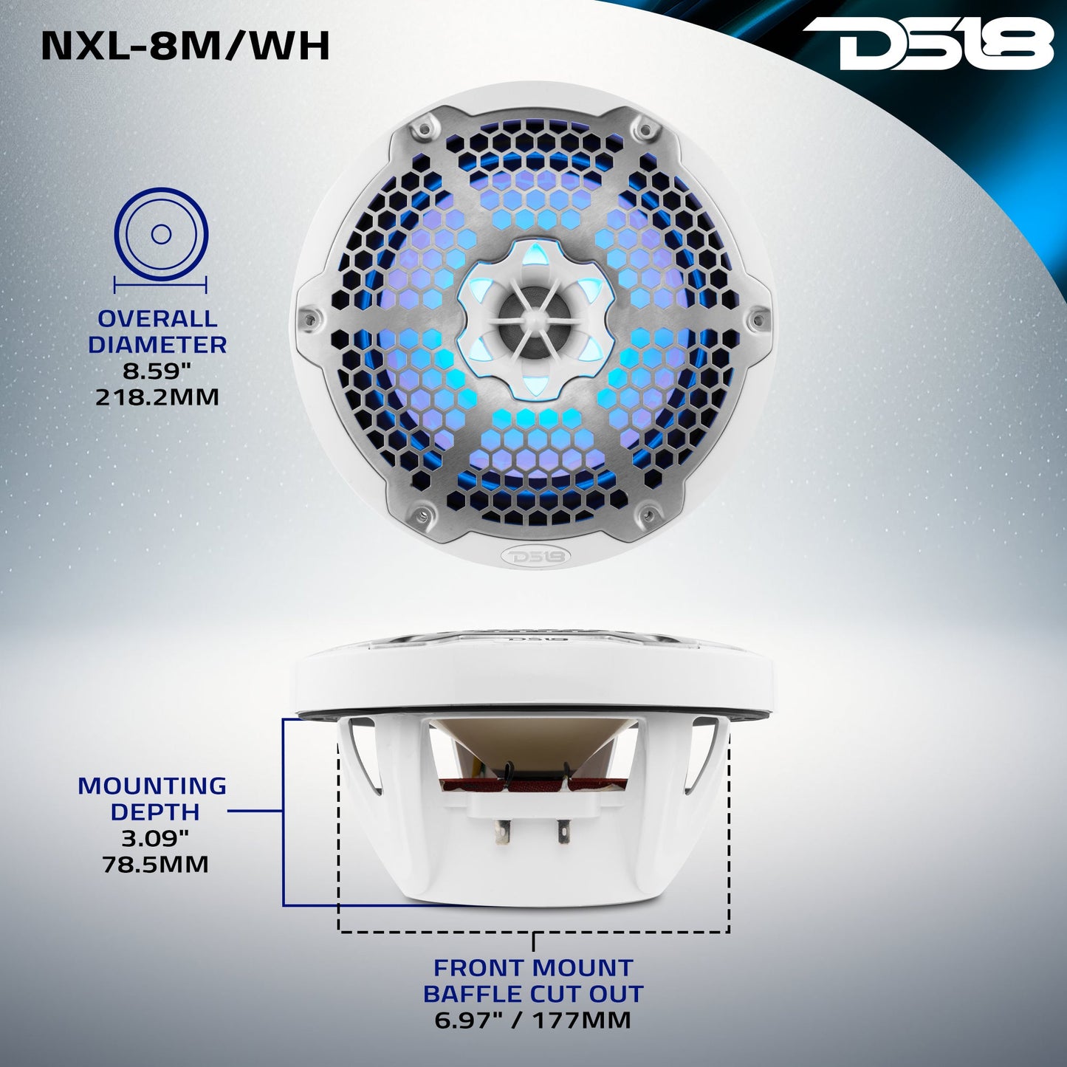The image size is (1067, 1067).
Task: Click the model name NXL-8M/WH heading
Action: click(185, 46)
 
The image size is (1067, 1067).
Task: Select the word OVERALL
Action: click(157, 319)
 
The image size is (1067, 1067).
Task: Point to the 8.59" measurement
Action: click(157, 371)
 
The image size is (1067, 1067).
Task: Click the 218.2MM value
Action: click(157, 397)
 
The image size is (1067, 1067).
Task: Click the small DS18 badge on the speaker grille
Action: click(534, 555)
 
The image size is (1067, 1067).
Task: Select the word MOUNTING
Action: click(152, 786)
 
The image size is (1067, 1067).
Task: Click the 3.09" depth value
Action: click(155, 838)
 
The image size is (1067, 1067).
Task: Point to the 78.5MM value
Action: click(155, 864)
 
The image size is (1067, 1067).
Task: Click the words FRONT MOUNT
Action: click(533, 967)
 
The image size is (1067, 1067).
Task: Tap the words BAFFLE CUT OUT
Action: click(533, 994)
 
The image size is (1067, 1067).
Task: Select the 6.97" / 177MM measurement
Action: click(533, 1020)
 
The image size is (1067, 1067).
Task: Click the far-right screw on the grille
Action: click(755, 319)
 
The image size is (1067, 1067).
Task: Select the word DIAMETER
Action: click(157, 345)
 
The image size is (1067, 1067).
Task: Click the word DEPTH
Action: click(155, 812)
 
